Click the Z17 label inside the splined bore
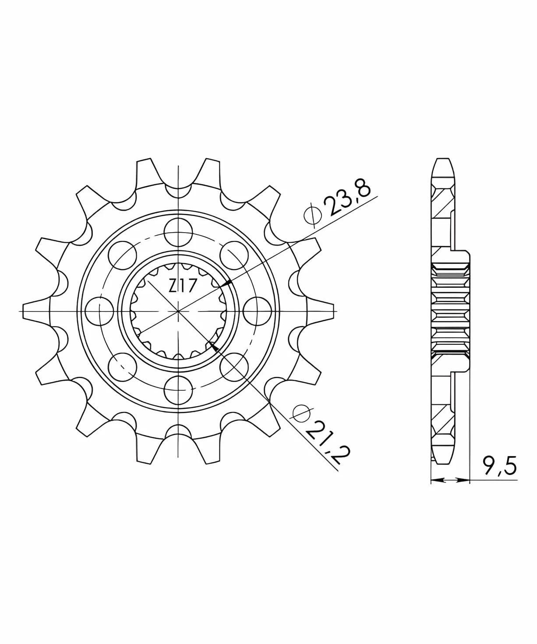(183, 286)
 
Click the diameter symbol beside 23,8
(313, 216)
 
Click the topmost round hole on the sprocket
(178, 232)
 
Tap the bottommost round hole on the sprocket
(178, 390)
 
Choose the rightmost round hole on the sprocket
(257, 311)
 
